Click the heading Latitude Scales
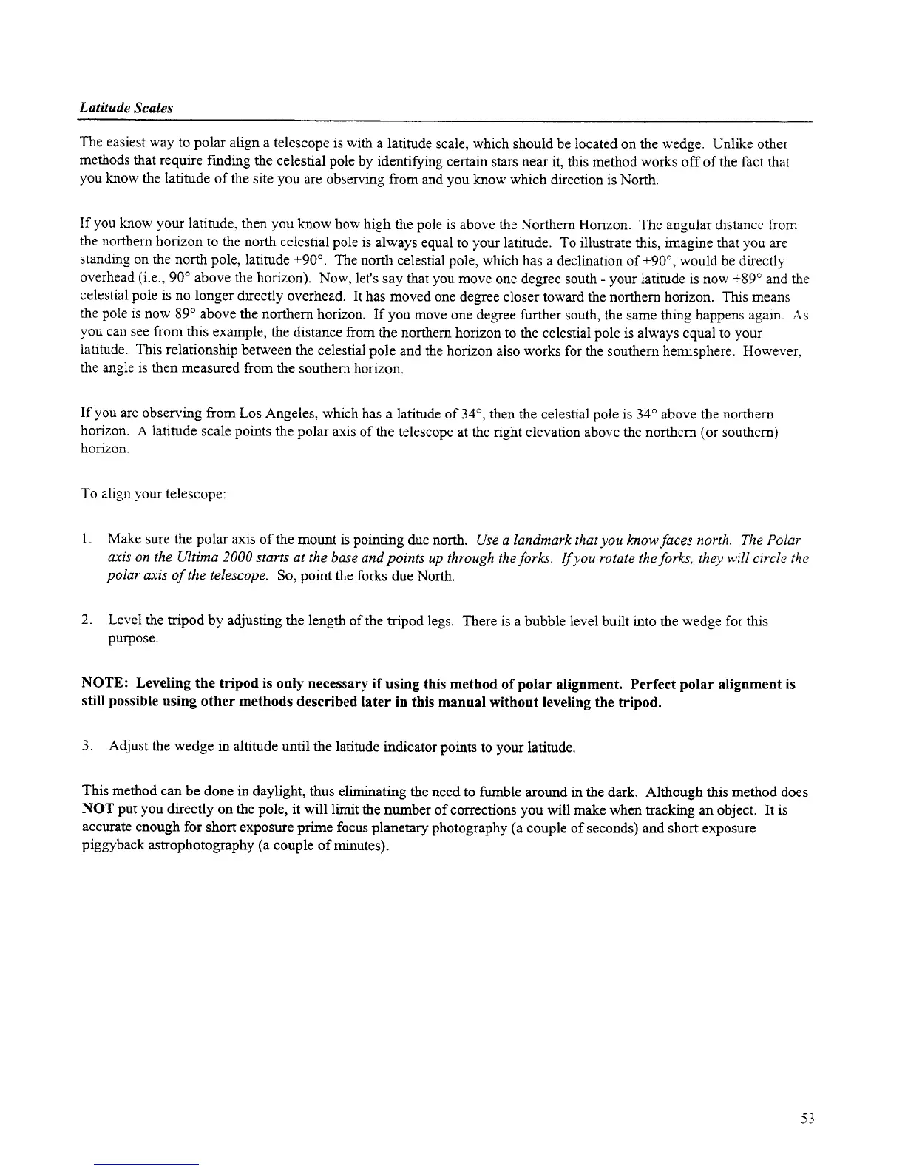pos(126,108)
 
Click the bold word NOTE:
pos(105,684)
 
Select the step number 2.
pos(87,620)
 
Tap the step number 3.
pos(87,747)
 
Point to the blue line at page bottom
pos(147,1164)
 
